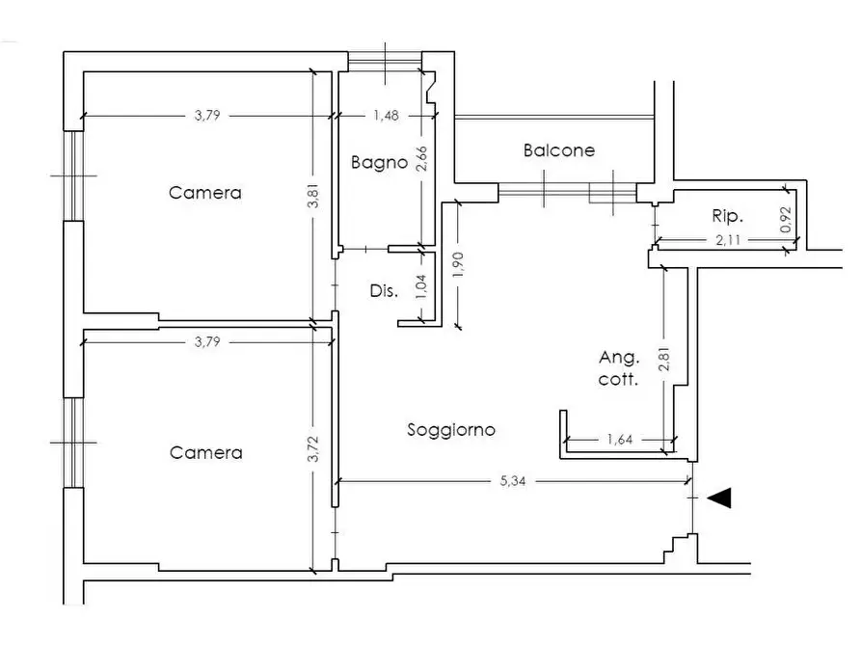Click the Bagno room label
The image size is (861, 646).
[379, 163]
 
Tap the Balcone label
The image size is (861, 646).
[559, 150]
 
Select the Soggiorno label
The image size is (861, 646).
[451, 430]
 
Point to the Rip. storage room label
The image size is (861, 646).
[728, 216]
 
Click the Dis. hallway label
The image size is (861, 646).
[384, 290]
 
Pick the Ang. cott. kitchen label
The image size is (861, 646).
[619, 368]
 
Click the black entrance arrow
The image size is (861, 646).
[718, 498]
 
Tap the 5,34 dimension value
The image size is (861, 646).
[512, 481]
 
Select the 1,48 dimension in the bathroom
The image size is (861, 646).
[386, 116]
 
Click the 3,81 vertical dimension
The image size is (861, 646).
[313, 196]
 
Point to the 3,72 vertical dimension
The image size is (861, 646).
[313, 449]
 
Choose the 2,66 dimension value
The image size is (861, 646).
[421, 159]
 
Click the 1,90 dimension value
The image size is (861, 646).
[459, 265]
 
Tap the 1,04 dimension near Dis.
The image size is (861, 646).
[421, 286]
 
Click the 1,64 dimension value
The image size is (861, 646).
[620, 440]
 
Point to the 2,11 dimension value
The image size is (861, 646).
[728, 240]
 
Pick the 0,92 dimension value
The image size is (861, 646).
[787, 219]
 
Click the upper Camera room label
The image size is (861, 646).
[204, 193]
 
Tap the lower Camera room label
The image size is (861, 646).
[206, 452]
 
